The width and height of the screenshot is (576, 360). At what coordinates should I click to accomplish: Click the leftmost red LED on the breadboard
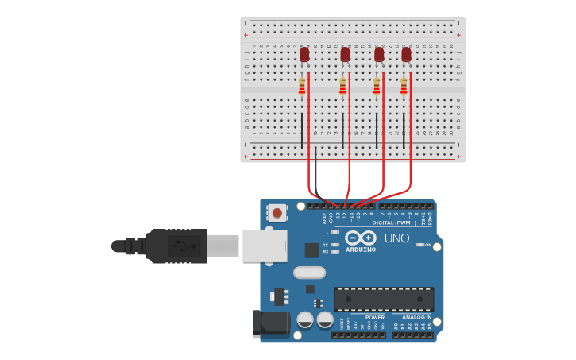(x=304, y=54)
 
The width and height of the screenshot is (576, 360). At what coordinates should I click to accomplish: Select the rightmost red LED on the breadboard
(x=407, y=54)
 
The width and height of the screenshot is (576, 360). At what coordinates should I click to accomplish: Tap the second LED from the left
(x=345, y=54)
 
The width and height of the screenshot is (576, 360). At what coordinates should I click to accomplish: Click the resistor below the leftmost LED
(x=302, y=87)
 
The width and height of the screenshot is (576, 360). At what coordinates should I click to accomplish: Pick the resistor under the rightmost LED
(x=404, y=87)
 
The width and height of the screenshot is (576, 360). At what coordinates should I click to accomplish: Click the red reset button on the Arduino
(x=277, y=212)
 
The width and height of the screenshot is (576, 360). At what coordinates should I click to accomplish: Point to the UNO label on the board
(x=396, y=238)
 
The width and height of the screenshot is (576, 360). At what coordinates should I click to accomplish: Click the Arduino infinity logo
(x=360, y=238)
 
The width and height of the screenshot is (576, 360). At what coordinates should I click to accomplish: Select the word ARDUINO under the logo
(x=360, y=250)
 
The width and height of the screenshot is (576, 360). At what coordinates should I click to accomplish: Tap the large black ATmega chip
(x=384, y=300)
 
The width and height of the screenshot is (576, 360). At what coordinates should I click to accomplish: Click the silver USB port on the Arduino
(x=264, y=246)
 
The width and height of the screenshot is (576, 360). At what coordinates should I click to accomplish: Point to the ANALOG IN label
(x=416, y=317)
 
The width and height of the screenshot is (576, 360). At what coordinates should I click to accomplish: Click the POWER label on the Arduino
(x=374, y=317)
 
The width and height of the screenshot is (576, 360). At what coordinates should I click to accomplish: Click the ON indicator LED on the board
(x=419, y=245)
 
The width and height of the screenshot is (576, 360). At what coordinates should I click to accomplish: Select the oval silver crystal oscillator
(x=309, y=273)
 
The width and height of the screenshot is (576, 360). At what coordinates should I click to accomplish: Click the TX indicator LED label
(x=326, y=245)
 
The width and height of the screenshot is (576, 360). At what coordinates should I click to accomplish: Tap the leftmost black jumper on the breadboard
(x=302, y=130)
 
